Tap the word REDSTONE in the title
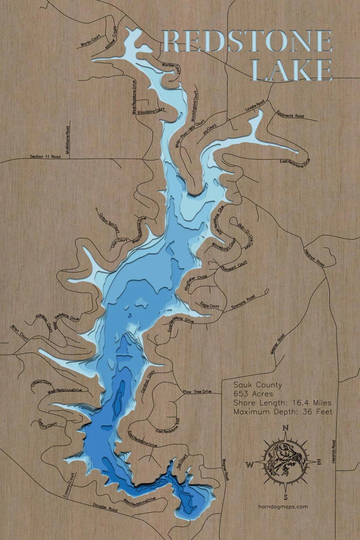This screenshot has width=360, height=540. (x=247, y=41)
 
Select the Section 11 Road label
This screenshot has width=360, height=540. (x=45, y=157)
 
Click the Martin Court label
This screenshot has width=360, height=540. (x=91, y=42)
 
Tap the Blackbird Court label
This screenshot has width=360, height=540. (x=151, y=111)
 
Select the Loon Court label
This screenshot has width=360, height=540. (x=119, y=242)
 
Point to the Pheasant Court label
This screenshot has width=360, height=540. (x=234, y=265)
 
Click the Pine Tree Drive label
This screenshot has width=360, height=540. (x=197, y=392)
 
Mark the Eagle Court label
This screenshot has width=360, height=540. (x=210, y=305)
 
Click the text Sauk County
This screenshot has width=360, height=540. (x=257, y=385)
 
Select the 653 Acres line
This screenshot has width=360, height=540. (x=253, y=394)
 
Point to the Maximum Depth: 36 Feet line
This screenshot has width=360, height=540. (x=282, y=412)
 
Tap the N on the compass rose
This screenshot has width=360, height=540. (x=285, y=427)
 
